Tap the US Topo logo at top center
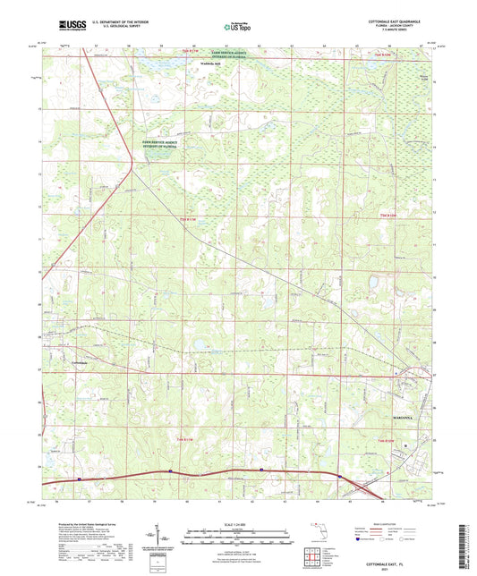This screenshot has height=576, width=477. click(234, 28)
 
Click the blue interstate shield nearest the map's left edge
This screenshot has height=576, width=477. click(79, 479)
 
